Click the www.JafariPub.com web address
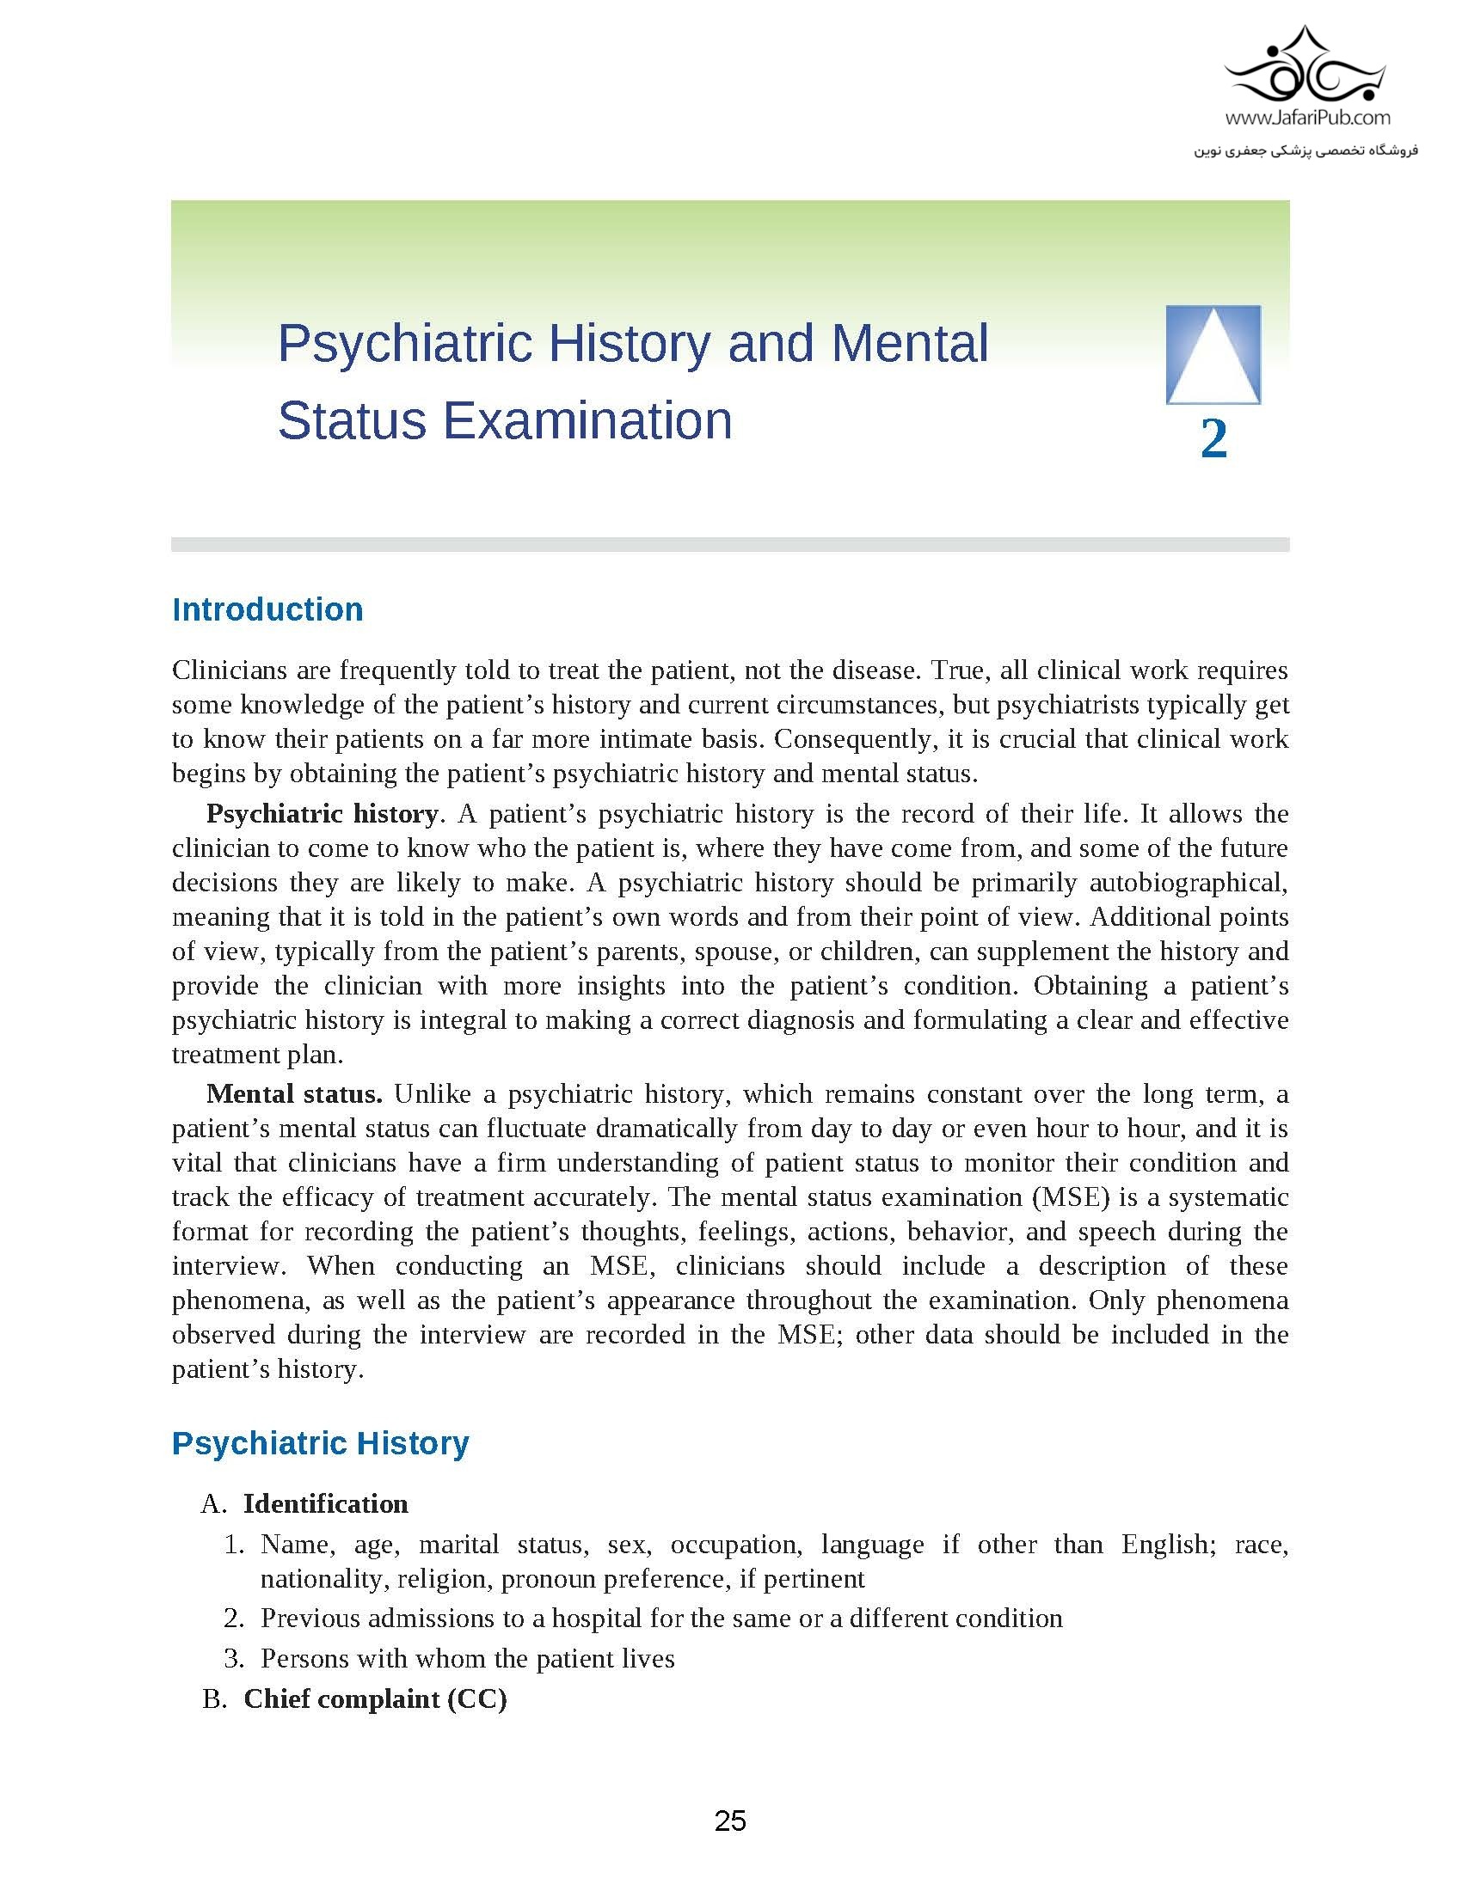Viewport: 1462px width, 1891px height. [1308, 117]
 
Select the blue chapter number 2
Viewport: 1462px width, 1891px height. [1213, 438]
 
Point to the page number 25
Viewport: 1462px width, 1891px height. [730, 1820]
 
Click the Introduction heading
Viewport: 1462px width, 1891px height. [267, 609]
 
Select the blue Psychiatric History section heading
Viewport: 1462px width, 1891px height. [321, 1443]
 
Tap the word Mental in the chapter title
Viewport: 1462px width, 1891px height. [909, 343]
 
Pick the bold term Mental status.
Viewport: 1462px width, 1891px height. [293, 1094]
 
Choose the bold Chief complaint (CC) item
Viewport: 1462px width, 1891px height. [375, 1698]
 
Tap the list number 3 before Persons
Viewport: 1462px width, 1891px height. [232, 1658]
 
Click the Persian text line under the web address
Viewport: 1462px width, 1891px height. [1306, 150]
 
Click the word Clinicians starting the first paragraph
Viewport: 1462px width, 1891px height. [229, 670]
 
